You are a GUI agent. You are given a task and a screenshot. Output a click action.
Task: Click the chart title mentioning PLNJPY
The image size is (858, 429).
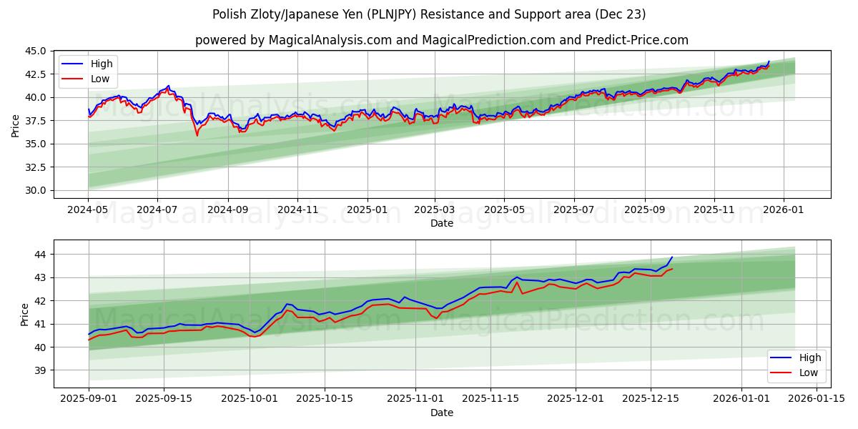coord(429,14)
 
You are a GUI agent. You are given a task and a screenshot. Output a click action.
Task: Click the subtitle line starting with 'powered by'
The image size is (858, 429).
coord(441,40)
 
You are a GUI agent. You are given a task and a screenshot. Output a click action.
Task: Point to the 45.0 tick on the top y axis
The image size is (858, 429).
coord(37,51)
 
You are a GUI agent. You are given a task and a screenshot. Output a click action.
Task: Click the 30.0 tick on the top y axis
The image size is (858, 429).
coord(37,190)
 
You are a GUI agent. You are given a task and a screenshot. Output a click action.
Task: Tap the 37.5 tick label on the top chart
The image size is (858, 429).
coord(37,121)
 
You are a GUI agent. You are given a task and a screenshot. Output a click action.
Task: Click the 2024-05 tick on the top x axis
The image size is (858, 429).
coord(89,210)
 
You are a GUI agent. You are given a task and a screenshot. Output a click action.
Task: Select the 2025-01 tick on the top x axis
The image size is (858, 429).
coord(367,210)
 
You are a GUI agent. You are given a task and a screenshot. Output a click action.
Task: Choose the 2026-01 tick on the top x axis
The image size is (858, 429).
coord(784,210)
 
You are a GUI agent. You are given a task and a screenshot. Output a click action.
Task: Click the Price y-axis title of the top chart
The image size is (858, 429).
coord(16,125)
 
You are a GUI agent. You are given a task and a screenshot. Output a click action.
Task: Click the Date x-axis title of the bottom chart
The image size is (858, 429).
coord(441,413)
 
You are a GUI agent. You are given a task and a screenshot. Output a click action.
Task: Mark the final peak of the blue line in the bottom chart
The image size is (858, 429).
coord(671,257)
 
